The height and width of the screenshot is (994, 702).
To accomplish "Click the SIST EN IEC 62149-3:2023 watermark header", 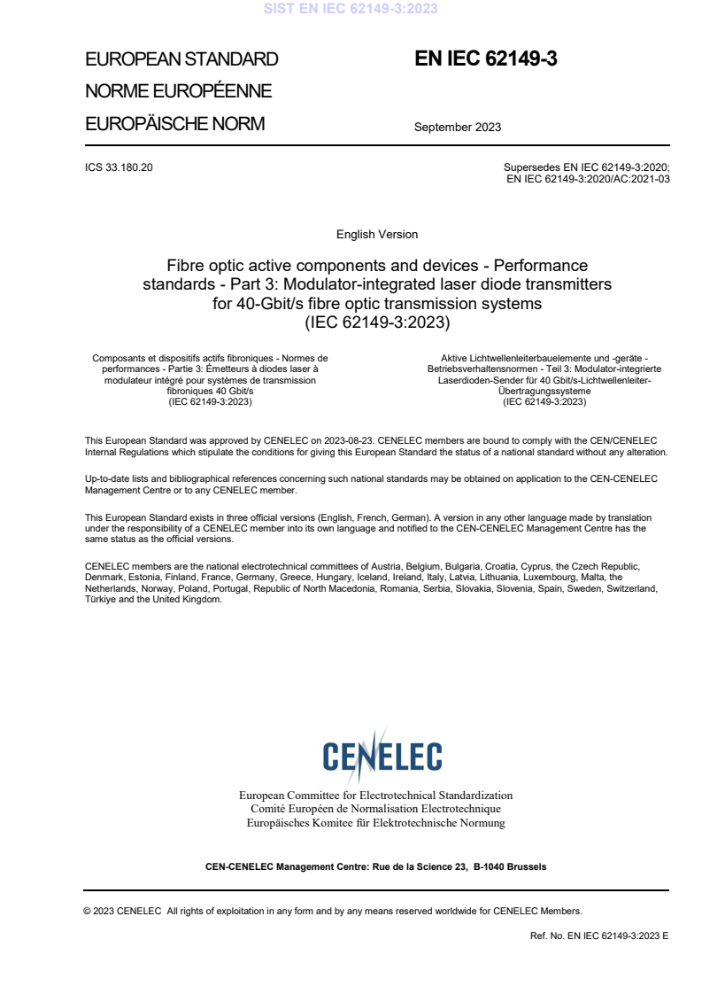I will click(351, 9).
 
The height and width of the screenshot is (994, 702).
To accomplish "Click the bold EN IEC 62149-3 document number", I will click(485, 59).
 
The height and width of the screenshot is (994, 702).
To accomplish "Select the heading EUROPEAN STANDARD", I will click(181, 59).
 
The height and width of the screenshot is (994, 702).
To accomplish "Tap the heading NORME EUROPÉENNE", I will click(178, 91).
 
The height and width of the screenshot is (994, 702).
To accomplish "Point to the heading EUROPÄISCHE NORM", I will click(174, 124).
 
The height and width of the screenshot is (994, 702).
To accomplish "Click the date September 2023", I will click(458, 127).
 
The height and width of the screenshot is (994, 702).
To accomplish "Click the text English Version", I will click(377, 235).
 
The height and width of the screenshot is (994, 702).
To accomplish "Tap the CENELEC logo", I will click(382, 754).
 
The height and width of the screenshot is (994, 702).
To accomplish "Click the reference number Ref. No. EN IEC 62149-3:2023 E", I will click(599, 936).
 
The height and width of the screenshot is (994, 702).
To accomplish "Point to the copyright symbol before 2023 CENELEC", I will click(88, 911).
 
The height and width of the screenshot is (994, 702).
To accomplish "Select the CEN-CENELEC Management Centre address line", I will click(375, 866).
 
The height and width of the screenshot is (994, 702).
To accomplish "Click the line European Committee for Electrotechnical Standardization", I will click(375, 796).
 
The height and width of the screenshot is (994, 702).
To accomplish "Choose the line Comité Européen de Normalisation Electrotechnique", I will click(375, 809).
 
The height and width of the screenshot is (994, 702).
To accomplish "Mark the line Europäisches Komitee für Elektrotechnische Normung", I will click(375, 823).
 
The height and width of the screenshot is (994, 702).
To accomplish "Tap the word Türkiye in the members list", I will click(102, 600).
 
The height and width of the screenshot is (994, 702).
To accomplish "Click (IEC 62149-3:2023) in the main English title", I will click(377, 323).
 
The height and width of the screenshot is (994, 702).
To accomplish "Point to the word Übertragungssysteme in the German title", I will click(544, 391).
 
